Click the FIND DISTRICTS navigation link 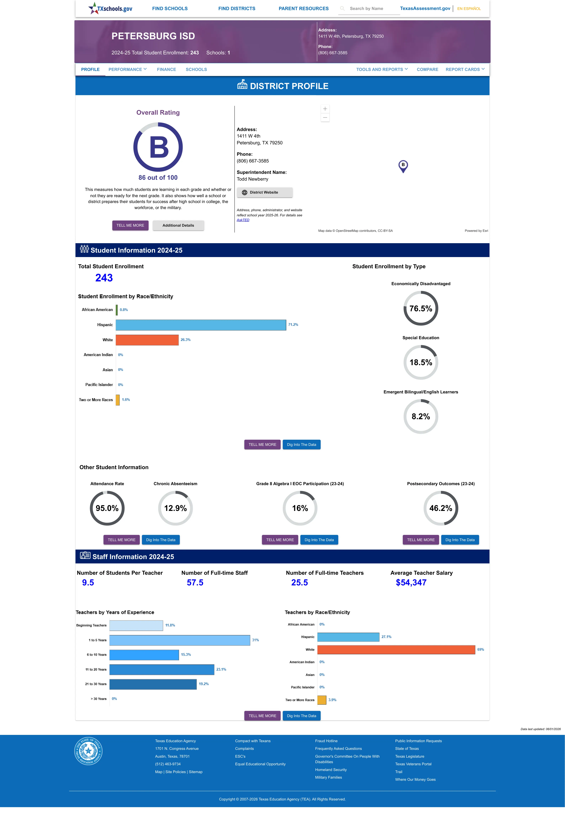[237, 9]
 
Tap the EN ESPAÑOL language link [469, 9]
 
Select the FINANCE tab [166, 69]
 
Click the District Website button [264, 193]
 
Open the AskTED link [243, 220]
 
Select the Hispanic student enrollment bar [201, 325]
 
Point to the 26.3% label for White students [185, 340]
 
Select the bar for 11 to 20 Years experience [162, 669]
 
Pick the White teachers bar [396, 650]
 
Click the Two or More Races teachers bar [322, 700]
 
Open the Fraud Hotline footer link [326, 741]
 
